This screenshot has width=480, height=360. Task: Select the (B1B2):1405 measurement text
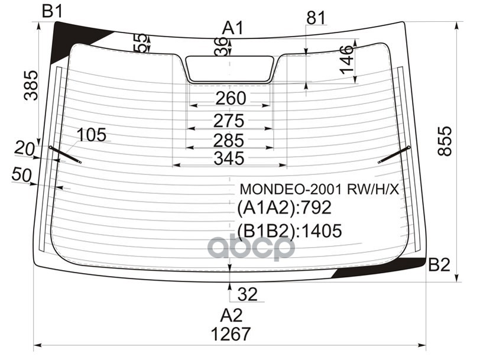coord(290,231)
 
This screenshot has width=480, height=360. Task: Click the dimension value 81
coord(316,19)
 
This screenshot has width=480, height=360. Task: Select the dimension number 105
coord(92,135)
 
